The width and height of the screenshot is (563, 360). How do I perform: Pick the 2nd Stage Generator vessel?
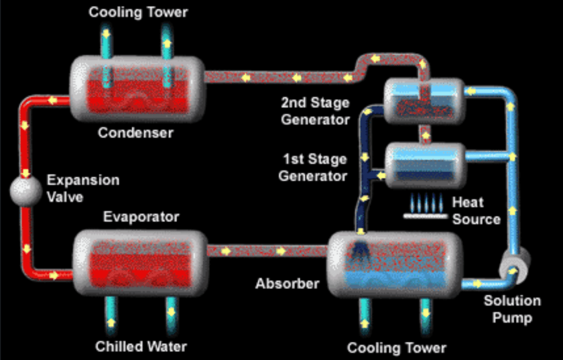pyautogui.click(x=423, y=101)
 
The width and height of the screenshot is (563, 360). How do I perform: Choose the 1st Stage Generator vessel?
pyautogui.click(x=425, y=164)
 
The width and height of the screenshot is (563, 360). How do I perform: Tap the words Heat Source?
pyautogui.click(x=476, y=211)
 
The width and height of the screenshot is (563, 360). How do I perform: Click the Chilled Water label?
pyautogui.click(x=141, y=347)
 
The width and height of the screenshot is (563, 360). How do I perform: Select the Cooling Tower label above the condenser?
pyautogui.click(x=138, y=12)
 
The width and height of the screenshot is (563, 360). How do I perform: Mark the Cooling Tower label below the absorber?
pyautogui.click(x=396, y=348)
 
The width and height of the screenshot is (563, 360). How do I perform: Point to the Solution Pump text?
pyautogui.click(x=512, y=309)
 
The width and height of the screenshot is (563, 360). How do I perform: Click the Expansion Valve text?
pyautogui.click(x=83, y=189)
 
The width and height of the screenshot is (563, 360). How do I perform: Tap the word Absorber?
pyautogui.click(x=287, y=284)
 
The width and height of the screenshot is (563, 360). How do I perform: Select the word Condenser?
pyautogui.click(x=135, y=132)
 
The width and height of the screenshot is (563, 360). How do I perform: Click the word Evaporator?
pyautogui.click(x=141, y=217)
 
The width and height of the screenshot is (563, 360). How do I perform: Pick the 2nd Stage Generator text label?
pyautogui.click(x=315, y=111)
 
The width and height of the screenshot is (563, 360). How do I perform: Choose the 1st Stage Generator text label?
pyautogui.click(x=313, y=168)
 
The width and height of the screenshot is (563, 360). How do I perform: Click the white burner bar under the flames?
pyautogui.click(x=424, y=216)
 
